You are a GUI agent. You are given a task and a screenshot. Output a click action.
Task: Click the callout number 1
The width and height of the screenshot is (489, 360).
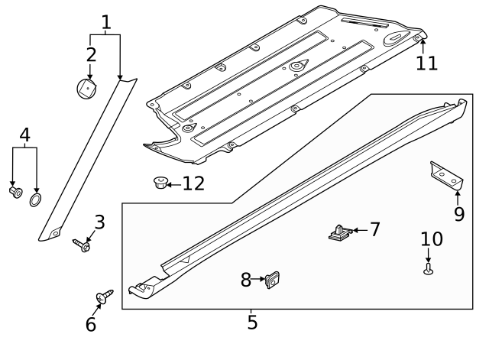tap(105, 21)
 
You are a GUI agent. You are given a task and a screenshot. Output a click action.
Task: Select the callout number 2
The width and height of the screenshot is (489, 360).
tap(91, 54)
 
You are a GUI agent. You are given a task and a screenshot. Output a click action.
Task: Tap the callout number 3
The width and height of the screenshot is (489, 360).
tap(99, 223)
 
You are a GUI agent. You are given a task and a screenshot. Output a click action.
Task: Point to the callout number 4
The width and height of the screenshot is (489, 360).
tap(25, 136)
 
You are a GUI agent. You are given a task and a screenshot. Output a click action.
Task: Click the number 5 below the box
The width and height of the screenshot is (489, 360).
tap(252, 322)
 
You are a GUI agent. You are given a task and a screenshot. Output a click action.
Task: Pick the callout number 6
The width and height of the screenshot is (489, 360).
tap(91, 325)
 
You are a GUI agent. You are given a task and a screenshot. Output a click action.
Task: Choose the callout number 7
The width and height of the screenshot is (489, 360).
tap(374, 229)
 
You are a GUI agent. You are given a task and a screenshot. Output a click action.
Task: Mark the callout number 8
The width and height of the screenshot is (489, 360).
tap(246, 281)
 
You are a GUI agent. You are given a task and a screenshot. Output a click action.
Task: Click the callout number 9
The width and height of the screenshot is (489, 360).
tap(458, 214)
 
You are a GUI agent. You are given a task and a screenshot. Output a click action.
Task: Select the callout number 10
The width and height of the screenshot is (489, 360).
tap(431, 239)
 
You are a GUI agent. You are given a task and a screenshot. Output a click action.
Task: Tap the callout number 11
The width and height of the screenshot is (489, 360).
tap(427, 63)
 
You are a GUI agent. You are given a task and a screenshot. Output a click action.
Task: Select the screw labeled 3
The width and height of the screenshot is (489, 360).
tap(82, 245)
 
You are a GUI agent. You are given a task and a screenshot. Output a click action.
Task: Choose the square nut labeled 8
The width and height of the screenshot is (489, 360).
tap(271, 281)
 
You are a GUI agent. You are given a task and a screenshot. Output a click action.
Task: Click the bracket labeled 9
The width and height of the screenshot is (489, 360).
tap(446, 174)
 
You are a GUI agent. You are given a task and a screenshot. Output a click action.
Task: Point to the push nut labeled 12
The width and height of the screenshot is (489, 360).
tap(159, 183)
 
